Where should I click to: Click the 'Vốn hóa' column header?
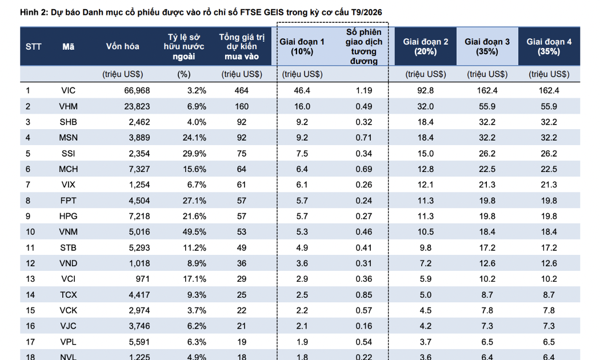(122, 46)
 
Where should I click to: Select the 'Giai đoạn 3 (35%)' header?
(487, 47)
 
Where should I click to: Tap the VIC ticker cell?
(69, 91)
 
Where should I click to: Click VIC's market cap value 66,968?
(137, 91)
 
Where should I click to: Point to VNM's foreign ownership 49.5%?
(194, 232)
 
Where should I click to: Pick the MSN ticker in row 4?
(69, 138)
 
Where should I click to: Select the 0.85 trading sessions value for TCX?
(364, 295)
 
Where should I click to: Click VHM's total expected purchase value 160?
(242, 106)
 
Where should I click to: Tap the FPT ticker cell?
(69, 201)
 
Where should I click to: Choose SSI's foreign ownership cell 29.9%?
(194, 153)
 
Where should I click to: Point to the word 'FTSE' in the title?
(251, 12)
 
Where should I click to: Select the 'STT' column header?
(33, 47)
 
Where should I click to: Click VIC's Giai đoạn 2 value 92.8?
(426, 91)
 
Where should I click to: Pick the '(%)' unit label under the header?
(184, 74)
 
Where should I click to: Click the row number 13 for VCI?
(30, 279)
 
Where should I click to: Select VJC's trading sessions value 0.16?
(364, 326)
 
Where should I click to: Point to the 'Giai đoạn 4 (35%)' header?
(549, 47)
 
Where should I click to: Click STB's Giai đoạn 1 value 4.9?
(302, 248)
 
